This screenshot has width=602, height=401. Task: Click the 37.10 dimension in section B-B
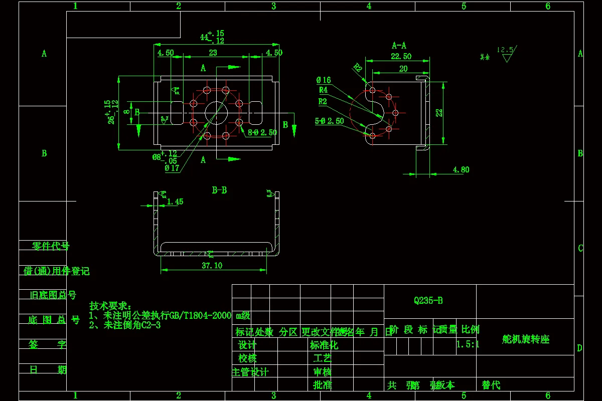coord(212,266)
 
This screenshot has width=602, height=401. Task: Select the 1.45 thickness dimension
coord(175,202)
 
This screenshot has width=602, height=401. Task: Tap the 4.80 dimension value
coord(461,169)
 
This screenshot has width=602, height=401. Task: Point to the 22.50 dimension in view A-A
coord(401,56)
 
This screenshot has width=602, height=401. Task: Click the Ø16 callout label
coord(324,80)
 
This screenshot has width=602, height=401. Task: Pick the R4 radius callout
coord(323,90)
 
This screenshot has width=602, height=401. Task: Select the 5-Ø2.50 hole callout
coord(329,121)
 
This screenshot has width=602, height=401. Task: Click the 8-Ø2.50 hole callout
coord(262,132)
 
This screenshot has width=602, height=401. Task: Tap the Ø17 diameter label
coord(172,168)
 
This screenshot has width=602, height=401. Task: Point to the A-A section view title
coord(399,45)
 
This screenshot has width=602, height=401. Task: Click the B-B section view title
coord(219,190)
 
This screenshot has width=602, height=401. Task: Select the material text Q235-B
coord(428,301)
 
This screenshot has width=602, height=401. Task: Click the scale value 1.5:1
coord(468,344)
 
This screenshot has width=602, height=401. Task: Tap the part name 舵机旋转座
coord(525,339)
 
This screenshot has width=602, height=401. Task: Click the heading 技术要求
coord(110,306)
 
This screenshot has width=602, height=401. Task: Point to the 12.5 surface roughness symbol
coord(506,53)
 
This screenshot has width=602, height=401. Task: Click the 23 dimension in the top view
coord(213,53)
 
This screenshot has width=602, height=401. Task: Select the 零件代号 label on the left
coord(51,246)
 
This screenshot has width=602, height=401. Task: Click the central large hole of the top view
coord(216,111)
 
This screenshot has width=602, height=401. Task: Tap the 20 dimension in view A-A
coord(403,69)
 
